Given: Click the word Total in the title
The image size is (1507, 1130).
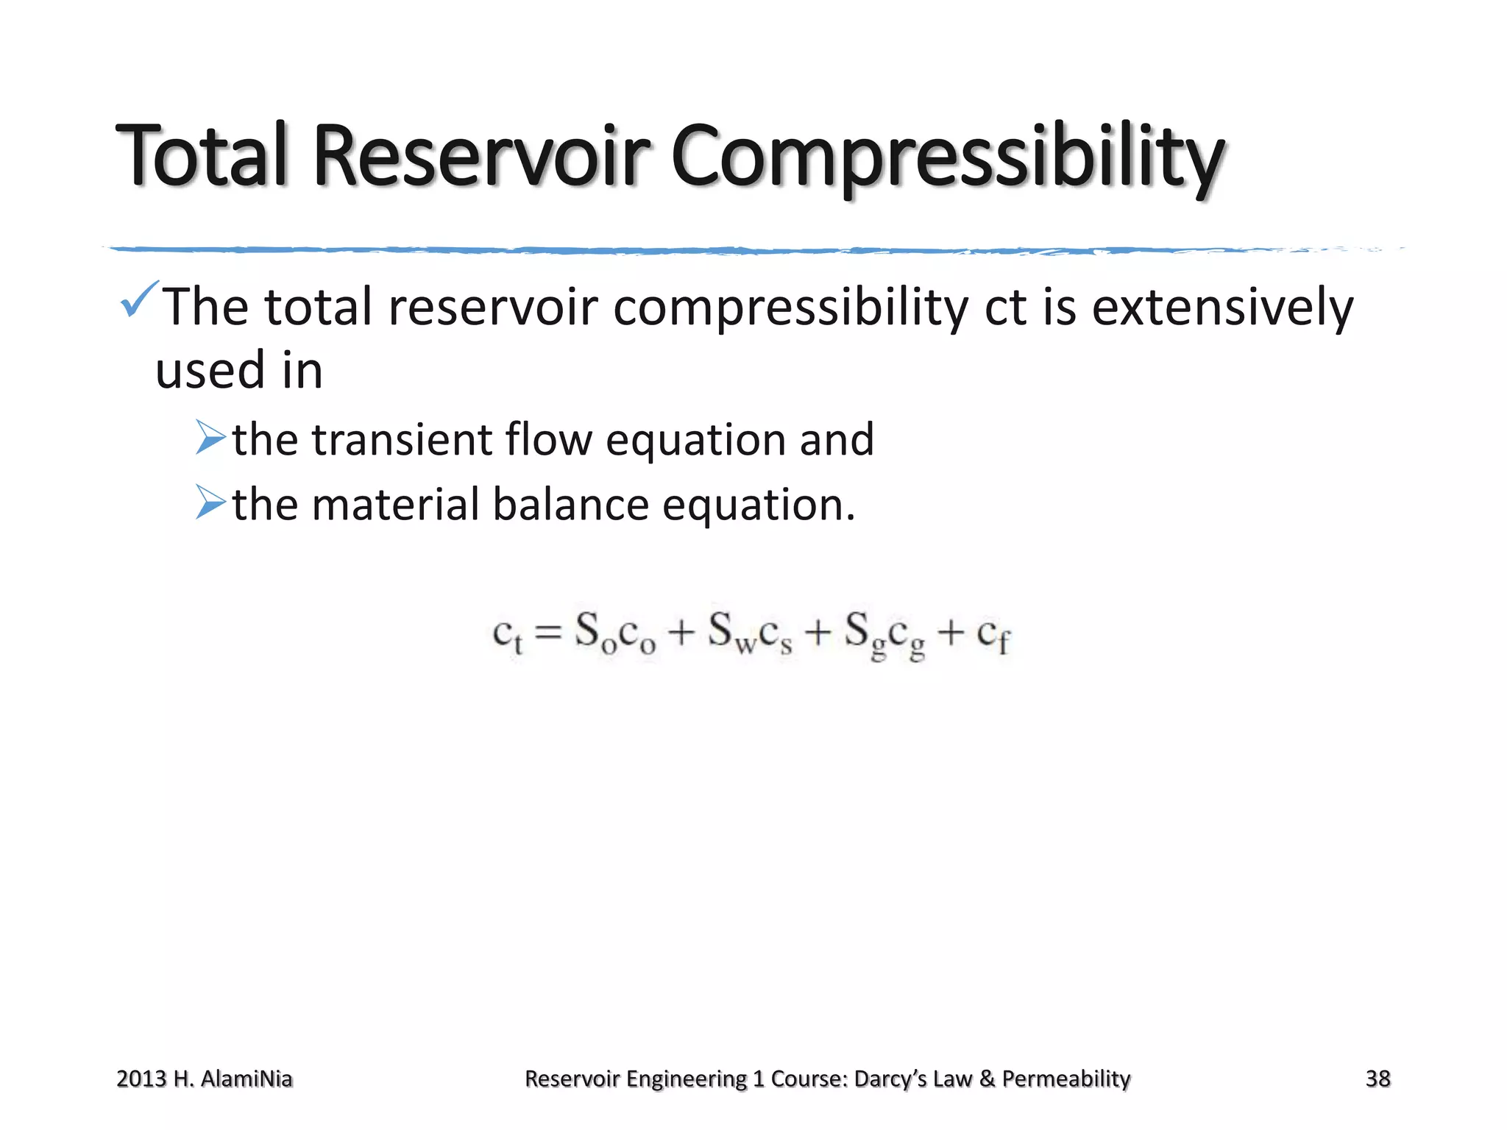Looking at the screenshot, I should point(201,156).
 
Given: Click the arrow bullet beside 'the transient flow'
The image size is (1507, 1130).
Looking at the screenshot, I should point(210,438).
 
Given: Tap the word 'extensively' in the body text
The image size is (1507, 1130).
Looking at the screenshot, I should point(1222,308).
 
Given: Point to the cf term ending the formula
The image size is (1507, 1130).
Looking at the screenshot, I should point(993,634).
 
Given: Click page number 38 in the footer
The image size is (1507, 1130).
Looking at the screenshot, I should point(1377,1079).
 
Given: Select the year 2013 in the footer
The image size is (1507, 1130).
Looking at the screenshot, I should point(141,1079).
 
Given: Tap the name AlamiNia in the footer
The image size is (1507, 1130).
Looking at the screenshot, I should point(247,1079).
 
